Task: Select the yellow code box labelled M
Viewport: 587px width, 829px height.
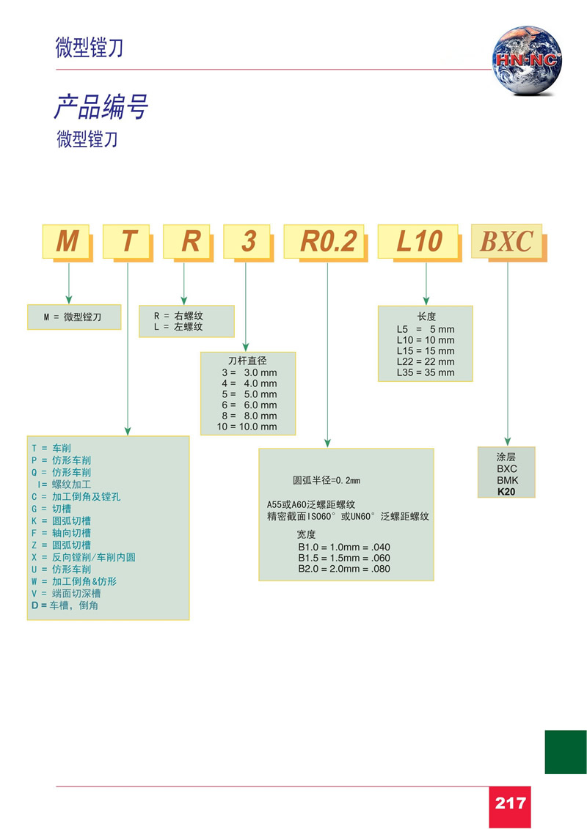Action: point(67,240)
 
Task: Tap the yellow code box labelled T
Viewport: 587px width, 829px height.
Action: point(128,240)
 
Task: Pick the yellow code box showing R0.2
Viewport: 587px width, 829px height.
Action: point(327,240)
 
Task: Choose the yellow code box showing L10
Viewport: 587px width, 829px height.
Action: point(419,240)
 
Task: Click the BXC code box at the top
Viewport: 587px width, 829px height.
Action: point(506,241)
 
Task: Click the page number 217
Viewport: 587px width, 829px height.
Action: point(510,803)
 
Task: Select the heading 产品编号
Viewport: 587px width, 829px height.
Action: point(101,107)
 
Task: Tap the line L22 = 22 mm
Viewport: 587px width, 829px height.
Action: point(425,361)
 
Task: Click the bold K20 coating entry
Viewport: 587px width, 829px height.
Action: point(506,492)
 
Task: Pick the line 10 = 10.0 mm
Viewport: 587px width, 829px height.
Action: point(247,427)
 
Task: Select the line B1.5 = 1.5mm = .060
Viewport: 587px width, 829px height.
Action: point(343,558)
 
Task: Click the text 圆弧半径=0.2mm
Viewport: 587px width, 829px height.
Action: point(327,481)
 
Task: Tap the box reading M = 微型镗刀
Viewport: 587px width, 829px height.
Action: point(73,317)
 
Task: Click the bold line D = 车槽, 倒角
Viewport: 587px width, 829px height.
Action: point(65,606)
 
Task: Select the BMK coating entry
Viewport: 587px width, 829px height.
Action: point(506,480)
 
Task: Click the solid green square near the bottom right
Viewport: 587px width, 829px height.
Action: point(565,752)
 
